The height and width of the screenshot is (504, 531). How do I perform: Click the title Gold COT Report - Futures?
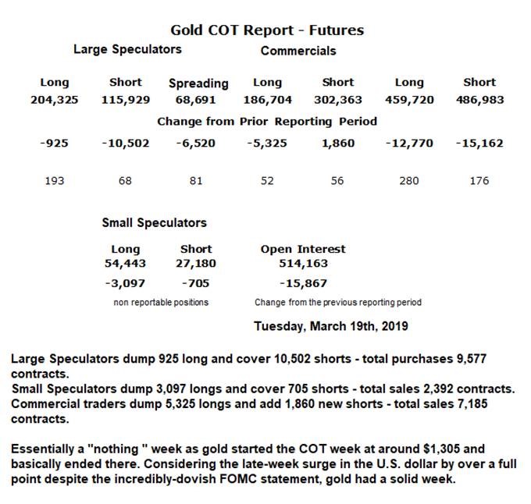(267, 30)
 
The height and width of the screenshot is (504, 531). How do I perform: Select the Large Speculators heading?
(127, 49)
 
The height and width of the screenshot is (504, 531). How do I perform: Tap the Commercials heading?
(298, 51)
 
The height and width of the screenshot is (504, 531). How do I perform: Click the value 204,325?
(54, 100)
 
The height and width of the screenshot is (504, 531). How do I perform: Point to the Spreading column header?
(198, 83)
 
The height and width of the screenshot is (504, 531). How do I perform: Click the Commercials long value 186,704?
(267, 100)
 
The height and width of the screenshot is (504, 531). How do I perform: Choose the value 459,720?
(409, 100)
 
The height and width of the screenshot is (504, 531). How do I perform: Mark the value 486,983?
(479, 100)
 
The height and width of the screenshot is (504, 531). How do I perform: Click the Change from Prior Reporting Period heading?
(267, 122)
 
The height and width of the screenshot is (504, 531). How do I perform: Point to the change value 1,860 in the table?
(338, 144)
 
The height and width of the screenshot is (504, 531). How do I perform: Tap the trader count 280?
(409, 180)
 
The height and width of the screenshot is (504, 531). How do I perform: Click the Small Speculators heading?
(154, 222)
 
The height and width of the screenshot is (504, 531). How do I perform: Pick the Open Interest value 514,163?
(302, 264)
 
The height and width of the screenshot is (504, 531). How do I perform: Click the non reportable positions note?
(161, 302)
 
